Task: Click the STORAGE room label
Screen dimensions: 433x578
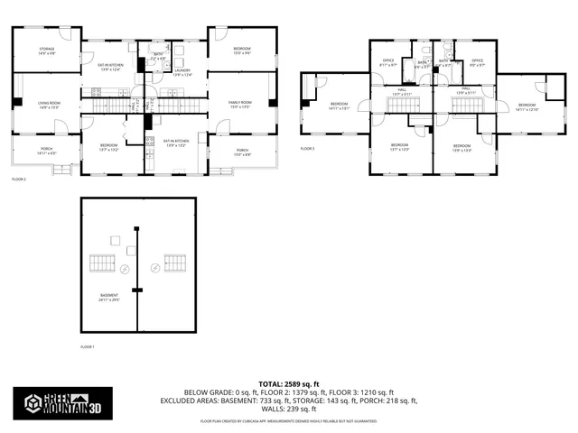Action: tap(46, 51)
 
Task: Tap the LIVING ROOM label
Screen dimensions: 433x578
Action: tap(49, 105)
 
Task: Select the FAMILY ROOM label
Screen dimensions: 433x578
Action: tap(240, 105)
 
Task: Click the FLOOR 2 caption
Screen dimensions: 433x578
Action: tap(20, 180)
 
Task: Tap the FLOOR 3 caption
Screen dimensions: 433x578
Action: tap(308, 148)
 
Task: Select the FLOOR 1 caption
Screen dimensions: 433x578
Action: tap(88, 347)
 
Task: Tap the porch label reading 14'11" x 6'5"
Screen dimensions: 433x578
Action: tap(46, 152)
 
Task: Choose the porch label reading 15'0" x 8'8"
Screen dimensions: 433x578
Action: tap(242, 152)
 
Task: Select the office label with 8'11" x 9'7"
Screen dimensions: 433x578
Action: tap(388, 62)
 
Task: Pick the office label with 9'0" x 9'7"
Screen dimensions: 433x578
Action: tap(478, 62)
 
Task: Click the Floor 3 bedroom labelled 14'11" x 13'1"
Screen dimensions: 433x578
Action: tap(340, 106)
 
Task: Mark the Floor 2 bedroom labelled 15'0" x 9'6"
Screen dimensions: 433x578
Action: tap(242, 51)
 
